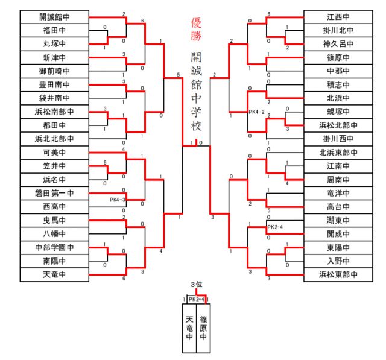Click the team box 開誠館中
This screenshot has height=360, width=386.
tap(54, 17)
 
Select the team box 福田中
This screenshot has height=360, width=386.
tap(54, 30)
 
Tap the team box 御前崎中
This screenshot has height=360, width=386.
tap(54, 71)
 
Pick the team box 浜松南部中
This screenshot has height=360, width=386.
tap(54, 112)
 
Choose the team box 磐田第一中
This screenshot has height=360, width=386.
tap(54, 193)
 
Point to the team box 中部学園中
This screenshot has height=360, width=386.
tap(54, 247)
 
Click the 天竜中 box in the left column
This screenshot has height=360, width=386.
tap(54, 274)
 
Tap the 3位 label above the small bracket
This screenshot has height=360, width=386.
tap(196, 284)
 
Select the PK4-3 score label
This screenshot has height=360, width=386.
tap(118, 200)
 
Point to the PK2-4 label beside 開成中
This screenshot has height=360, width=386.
tap(276, 227)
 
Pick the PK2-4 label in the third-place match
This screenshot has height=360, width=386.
tap(197, 299)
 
